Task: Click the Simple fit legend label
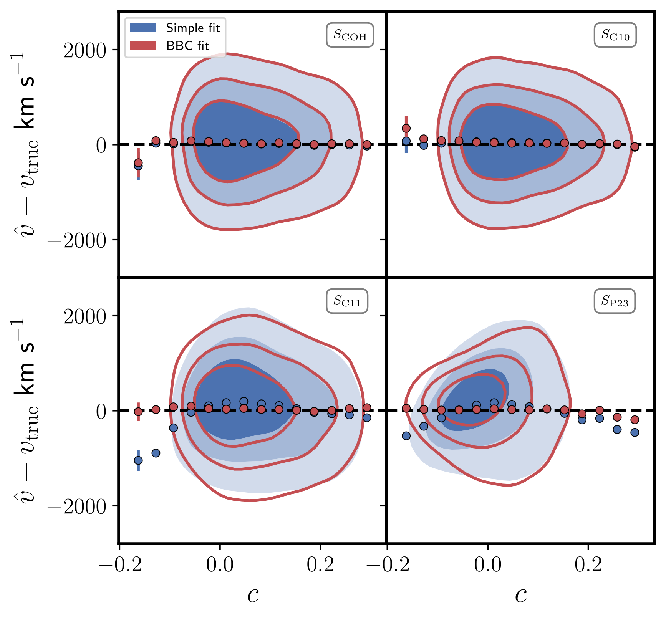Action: [193, 28]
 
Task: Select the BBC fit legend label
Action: [187, 46]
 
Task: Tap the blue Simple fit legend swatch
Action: [143, 28]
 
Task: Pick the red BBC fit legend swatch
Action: [143, 46]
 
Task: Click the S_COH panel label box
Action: [350, 35]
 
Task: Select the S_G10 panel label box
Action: [615, 35]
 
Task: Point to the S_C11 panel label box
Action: [347, 301]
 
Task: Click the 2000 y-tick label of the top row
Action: [84, 50]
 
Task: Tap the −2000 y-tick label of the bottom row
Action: [77, 506]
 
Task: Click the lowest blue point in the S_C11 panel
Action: [138, 460]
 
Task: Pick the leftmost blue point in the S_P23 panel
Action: [406, 436]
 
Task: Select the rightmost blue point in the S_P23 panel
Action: [635, 432]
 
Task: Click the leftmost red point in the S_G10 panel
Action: [406, 128]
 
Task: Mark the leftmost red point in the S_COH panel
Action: [138, 163]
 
